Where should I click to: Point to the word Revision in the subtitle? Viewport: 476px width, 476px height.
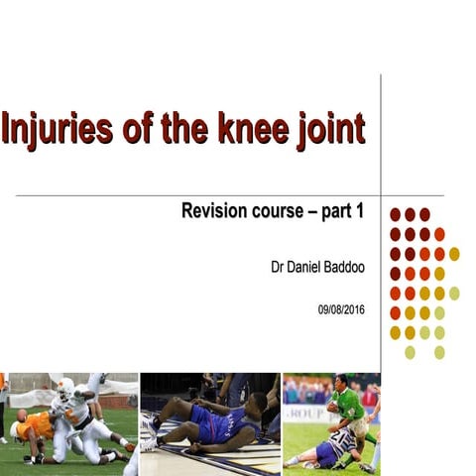pos(217,211)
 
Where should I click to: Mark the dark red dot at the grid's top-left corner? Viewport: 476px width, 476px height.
pos(395,214)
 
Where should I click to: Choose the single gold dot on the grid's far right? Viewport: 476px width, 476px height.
pos(454,254)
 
